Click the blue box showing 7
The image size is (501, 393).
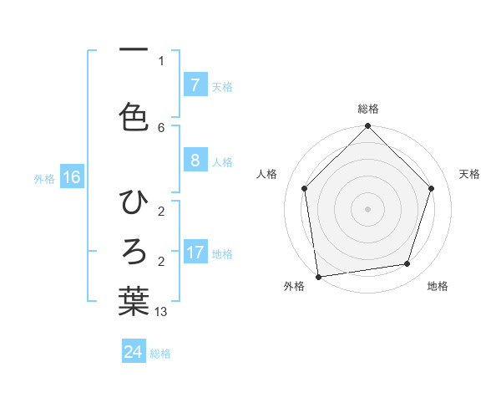(x=195, y=85)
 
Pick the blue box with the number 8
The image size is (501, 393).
(x=195, y=161)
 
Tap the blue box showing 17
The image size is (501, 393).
(x=195, y=253)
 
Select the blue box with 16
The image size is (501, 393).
(x=71, y=177)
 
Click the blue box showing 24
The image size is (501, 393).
(x=133, y=352)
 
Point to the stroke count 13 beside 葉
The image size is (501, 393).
(x=161, y=312)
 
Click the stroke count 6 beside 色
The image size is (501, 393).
(x=161, y=127)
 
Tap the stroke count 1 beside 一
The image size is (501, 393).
(x=161, y=60)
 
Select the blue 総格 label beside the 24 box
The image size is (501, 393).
(x=160, y=354)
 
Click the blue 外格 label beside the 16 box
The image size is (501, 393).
(x=43, y=178)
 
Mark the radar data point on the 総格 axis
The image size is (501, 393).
(x=367, y=127)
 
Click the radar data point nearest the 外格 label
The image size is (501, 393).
(x=318, y=276)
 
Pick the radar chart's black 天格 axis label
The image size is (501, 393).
(x=470, y=174)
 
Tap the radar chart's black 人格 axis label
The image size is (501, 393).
(x=267, y=174)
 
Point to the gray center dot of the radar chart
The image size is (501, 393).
(x=367, y=208)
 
